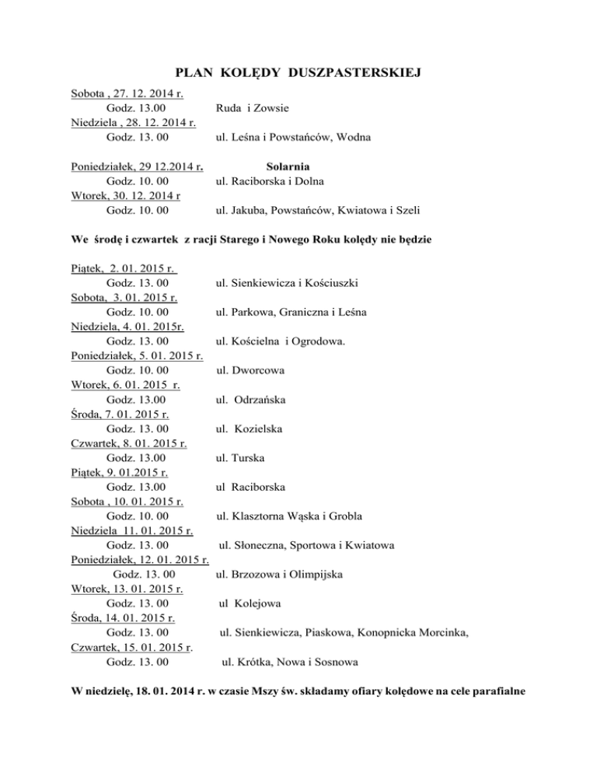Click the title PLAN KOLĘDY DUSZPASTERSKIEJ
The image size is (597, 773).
click(298, 73)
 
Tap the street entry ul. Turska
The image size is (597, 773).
click(242, 458)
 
